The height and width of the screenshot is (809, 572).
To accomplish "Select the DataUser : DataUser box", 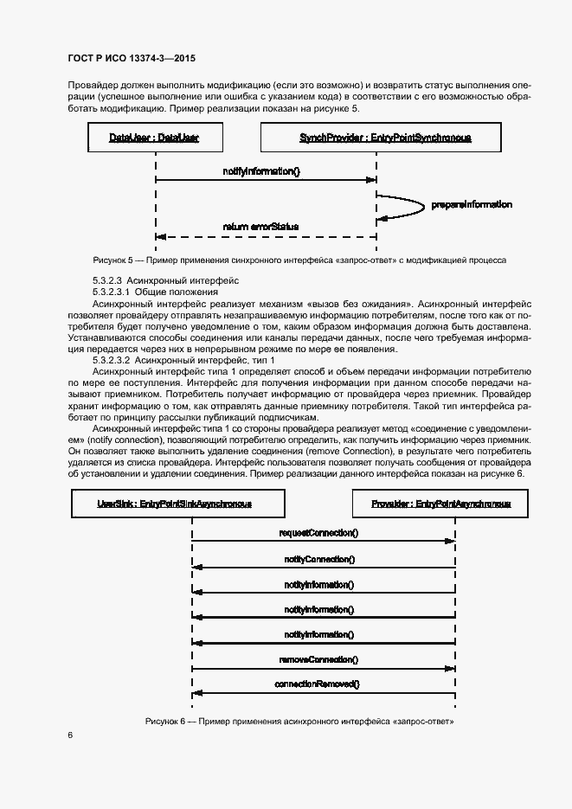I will pyautogui.click(x=155, y=138).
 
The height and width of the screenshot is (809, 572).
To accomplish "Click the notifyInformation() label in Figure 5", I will pyautogui.click(x=261, y=171).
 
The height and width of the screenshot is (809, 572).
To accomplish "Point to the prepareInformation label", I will pyautogui.click(x=472, y=205).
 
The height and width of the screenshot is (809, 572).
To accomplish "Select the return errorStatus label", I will pyautogui.click(x=260, y=227).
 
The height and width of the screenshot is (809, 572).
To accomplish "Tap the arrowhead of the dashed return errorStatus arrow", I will pyautogui.click(x=160, y=236).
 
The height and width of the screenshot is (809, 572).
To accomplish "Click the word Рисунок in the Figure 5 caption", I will pyautogui.click(x=110, y=260).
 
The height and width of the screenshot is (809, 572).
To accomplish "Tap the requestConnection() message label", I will pyautogui.click(x=318, y=534).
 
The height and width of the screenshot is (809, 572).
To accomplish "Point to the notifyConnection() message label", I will pyautogui.click(x=318, y=559).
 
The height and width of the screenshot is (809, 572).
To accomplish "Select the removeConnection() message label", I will pyautogui.click(x=318, y=659).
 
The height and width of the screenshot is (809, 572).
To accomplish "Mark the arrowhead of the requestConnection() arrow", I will pyautogui.click(x=450, y=543).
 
